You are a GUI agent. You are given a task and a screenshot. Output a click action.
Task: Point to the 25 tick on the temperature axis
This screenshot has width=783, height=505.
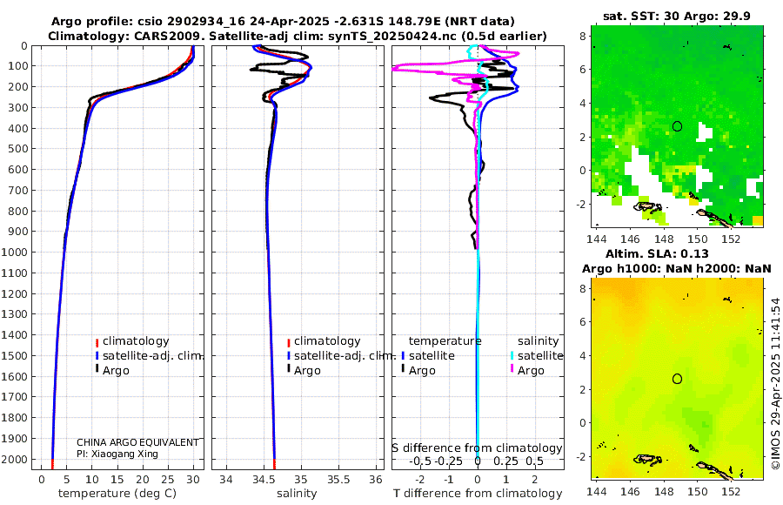coord(166,479)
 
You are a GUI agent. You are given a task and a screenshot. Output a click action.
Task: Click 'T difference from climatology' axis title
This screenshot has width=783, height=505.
coord(478,494)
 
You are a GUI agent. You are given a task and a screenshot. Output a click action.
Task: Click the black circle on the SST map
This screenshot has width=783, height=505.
coord(678,126)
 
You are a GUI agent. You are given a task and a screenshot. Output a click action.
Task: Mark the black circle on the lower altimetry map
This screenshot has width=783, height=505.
coord(678,379)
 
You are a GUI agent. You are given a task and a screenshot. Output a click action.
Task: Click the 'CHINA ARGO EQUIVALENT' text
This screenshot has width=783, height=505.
coord(137,442)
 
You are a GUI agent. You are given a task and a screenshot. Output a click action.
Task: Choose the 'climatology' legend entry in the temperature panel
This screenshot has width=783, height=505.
coord(136,341)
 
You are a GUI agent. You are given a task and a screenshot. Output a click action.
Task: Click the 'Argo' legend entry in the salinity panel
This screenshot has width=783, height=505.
coord(307,371)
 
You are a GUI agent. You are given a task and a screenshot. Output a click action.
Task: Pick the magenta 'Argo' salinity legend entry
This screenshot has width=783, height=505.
coord(531,371)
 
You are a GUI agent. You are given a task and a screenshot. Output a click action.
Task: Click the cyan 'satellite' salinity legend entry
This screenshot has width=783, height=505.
coord(539,356)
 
